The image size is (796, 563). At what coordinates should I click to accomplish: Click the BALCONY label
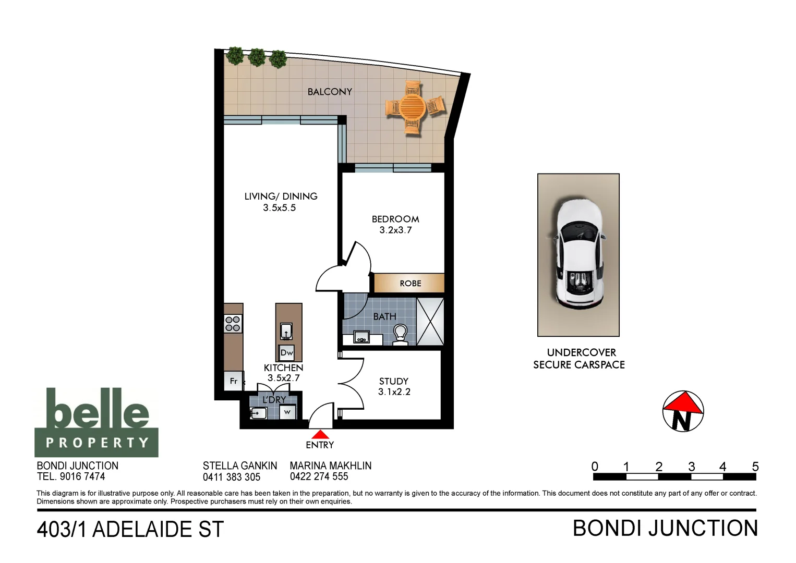pos(330,92)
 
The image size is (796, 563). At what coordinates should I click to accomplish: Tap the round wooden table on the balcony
pos(413,107)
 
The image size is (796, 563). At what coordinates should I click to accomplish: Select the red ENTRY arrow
pos(320,434)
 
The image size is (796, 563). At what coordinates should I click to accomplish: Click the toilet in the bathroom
pos(400,334)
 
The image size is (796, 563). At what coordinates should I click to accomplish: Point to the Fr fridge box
pos(233,381)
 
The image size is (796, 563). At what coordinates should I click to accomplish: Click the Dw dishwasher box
pos(286,353)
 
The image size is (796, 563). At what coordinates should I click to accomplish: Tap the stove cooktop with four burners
pos(233,324)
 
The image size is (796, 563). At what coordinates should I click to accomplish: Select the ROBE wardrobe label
pos(410,284)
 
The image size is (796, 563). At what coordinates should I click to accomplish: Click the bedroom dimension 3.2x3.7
pos(395,230)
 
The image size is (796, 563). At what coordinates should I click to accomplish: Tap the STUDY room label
pos(394,381)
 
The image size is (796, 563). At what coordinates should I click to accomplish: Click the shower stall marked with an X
pos(430,322)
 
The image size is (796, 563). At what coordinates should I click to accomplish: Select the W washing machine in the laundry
pos(287,412)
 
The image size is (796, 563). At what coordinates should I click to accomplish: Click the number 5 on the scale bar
pos(755,467)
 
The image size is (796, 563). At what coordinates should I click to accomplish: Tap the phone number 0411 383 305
pos(232,476)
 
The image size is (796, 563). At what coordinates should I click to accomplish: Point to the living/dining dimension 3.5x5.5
pos(279,207)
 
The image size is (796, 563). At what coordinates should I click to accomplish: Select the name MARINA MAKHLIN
pos(330,466)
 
